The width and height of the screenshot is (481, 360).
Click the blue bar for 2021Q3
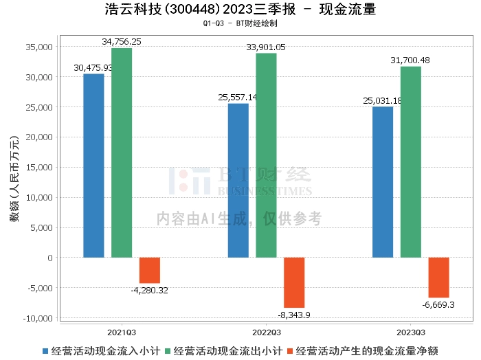(x=93, y=166)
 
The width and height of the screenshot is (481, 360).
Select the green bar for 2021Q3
(x=122, y=153)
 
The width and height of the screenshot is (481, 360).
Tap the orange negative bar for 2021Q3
(x=150, y=270)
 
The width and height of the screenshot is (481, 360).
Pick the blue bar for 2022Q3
(x=238, y=181)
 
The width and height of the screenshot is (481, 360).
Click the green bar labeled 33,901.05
(x=267, y=155)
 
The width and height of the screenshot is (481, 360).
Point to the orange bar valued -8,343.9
(x=294, y=282)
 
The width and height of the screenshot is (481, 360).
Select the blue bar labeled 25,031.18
(x=383, y=182)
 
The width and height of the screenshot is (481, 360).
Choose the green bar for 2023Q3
(x=411, y=162)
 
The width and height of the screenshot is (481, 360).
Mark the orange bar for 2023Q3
(x=438, y=278)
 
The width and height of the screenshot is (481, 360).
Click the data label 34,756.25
(x=122, y=42)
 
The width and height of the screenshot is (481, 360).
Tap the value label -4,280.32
(x=149, y=290)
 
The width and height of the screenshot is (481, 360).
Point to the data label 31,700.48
(x=411, y=60)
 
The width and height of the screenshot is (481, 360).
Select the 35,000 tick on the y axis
(x=39, y=47)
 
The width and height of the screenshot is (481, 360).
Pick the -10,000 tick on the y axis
(x=38, y=318)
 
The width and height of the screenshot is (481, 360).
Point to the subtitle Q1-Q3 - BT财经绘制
(x=240, y=23)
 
